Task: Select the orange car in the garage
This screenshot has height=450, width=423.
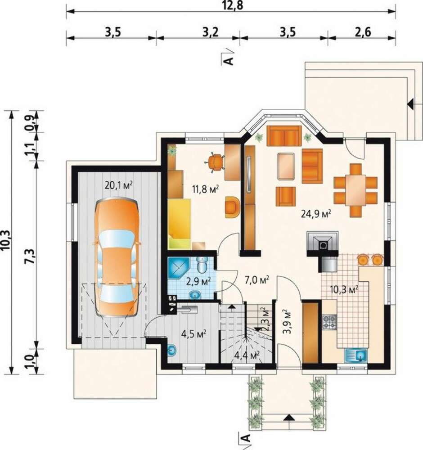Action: click(117, 257)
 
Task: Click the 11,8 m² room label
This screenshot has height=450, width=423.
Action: click(206, 189)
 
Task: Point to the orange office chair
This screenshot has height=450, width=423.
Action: click(215, 162)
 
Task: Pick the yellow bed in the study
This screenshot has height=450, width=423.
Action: click(180, 223)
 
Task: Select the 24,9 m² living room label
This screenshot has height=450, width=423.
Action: click(316, 213)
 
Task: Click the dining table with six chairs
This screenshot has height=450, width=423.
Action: click(355, 190)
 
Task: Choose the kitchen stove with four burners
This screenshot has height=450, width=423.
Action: click(329, 322)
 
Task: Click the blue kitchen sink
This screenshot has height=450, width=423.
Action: click(356, 355)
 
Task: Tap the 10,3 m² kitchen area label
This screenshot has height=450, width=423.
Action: click(344, 290)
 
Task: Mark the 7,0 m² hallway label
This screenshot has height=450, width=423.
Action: click(256, 279)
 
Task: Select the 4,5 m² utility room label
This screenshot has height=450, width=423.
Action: click(194, 334)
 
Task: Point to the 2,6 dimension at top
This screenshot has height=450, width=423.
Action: click(363, 32)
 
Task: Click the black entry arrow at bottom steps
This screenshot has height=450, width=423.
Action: click(288, 418)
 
